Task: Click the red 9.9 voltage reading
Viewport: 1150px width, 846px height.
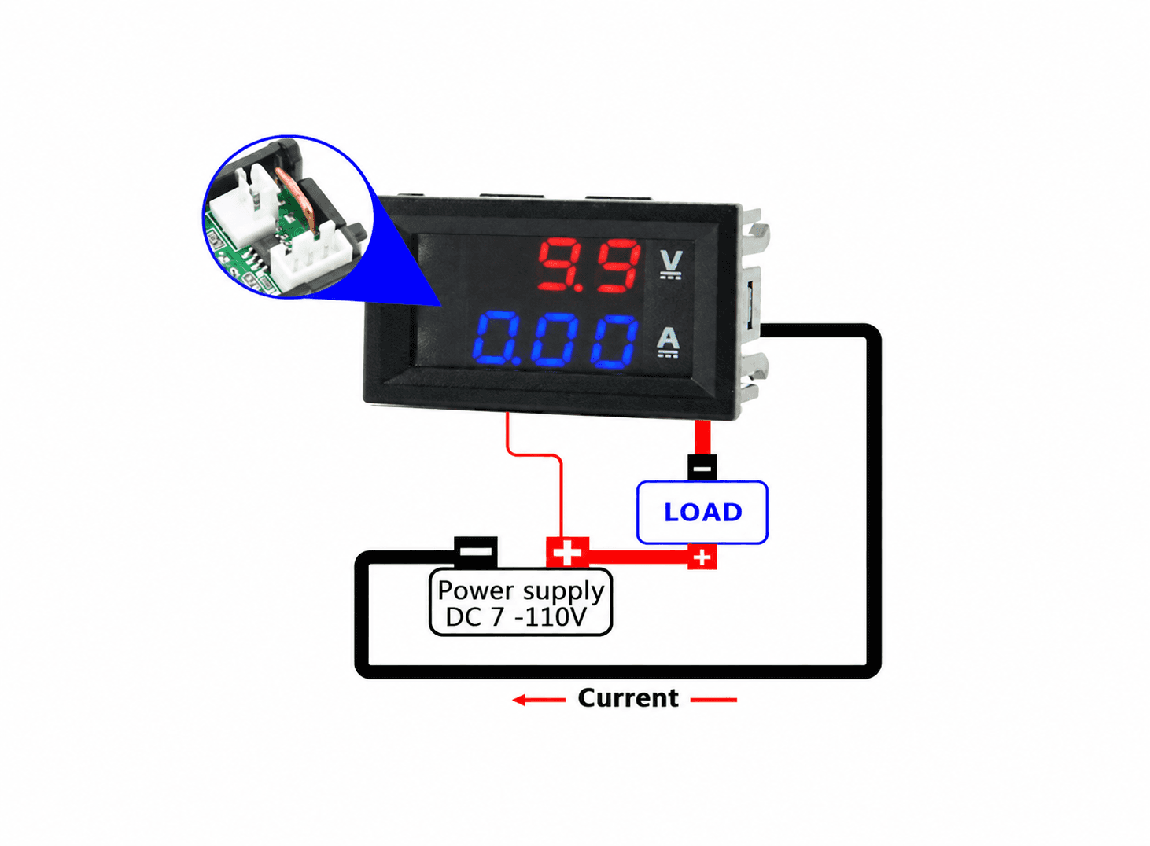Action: pyautogui.click(x=589, y=265)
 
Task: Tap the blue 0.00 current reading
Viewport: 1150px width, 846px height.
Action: pyautogui.click(x=555, y=340)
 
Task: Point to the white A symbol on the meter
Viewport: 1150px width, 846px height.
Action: pyautogui.click(x=669, y=342)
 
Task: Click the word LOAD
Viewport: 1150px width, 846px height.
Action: pyautogui.click(x=703, y=512)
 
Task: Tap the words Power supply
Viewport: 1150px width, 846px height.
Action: pyautogui.click(x=521, y=590)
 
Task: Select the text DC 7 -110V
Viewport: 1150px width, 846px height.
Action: pyautogui.click(x=515, y=617)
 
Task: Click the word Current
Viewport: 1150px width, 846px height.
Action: pyautogui.click(x=628, y=697)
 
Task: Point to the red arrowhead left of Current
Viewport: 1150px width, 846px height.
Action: pyautogui.click(x=519, y=700)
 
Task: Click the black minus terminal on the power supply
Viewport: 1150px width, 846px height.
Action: pyautogui.click(x=476, y=552)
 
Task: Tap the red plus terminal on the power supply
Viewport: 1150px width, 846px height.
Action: pyautogui.click(x=567, y=552)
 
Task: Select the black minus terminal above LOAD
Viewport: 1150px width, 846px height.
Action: pyautogui.click(x=702, y=467)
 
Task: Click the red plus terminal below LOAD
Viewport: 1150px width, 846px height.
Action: pyautogui.click(x=702, y=557)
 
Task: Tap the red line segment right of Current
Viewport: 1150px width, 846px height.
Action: pyautogui.click(x=713, y=700)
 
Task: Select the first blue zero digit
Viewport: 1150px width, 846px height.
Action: pyautogui.click(x=496, y=340)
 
